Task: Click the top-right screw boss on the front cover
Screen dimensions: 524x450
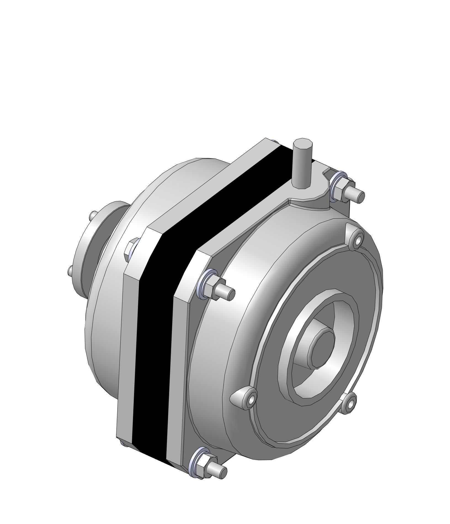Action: coord(357,240)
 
